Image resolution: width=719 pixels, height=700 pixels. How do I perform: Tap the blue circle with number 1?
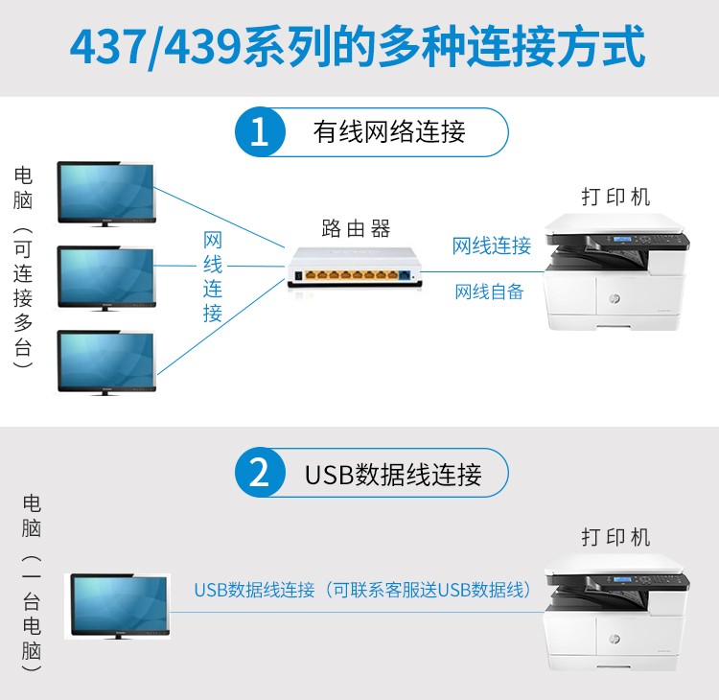pos(260,132)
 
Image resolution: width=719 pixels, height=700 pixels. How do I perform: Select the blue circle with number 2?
pos(260,473)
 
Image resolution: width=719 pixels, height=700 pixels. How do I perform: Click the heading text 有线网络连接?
pos(389,132)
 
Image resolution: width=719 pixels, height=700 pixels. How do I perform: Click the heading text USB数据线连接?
pos(393,473)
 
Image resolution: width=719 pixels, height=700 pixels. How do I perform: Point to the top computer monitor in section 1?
pos(106,192)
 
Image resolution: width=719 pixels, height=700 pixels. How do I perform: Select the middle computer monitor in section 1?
pos(106,277)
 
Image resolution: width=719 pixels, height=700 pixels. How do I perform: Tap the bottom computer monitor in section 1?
pos(106,362)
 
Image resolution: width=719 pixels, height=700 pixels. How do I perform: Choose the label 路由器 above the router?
pos(356,228)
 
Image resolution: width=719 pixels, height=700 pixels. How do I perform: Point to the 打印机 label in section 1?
pos(615,197)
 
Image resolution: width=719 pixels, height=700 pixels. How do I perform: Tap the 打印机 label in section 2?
pos(615,536)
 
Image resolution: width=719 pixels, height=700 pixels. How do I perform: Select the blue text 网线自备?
pos(489,292)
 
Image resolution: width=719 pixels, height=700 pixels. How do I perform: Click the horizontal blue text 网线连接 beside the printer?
pos(491,246)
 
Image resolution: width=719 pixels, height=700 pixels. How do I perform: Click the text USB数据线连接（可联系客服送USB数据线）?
pos(362,590)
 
